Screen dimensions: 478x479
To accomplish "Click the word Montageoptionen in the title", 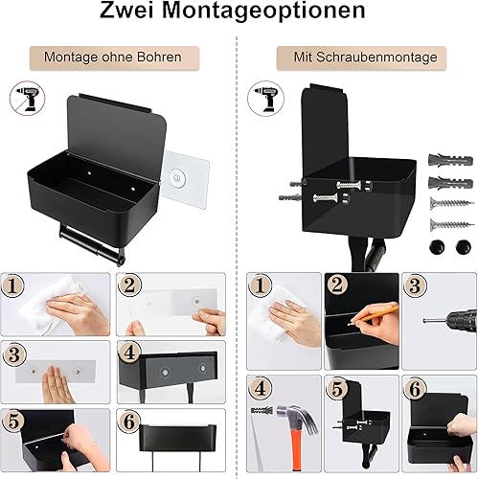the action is pyautogui.click(x=263, y=11).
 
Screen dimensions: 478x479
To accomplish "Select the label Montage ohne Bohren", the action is pyautogui.click(x=113, y=57).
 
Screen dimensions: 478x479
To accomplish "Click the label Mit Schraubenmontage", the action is pyautogui.click(x=365, y=57).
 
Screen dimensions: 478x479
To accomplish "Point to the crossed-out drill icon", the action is pyautogui.click(x=27, y=97).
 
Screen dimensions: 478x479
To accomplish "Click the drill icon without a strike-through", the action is pyautogui.click(x=265, y=98).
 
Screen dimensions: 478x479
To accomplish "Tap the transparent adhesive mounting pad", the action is pyautogui.click(x=185, y=179).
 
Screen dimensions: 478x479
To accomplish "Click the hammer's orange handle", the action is pyautogui.click(x=297, y=447).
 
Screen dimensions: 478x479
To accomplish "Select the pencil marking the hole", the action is pyautogui.click(x=375, y=314).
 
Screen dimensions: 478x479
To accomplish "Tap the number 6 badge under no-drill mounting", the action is pyautogui.click(x=128, y=422).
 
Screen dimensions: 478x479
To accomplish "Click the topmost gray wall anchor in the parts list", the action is pyautogui.click(x=450, y=160).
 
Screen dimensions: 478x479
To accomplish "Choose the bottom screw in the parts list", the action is pyautogui.click(x=451, y=225).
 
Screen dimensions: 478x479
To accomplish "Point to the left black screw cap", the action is pyautogui.click(x=437, y=247).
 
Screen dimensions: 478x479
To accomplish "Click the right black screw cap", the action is pyautogui.click(x=464, y=247).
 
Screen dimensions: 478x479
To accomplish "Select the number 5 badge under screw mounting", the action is pyautogui.click(x=337, y=389).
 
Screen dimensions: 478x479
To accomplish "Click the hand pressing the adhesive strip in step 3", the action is pyautogui.click(x=56, y=385).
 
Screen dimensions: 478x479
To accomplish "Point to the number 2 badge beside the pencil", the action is pyautogui.click(x=337, y=285).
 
